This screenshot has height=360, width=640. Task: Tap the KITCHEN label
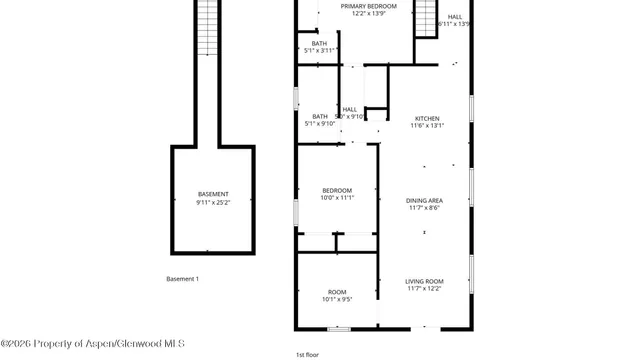[x=426, y=118]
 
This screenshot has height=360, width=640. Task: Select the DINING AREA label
[x=425, y=201]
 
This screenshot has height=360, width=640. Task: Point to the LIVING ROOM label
[x=425, y=281]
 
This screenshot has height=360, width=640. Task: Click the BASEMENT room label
[x=212, y=194]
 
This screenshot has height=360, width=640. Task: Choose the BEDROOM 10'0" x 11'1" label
[x=337, y=190]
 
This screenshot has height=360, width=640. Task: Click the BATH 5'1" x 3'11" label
[x=319, y=43]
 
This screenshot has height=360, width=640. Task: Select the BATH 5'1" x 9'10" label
[x=320, y=117]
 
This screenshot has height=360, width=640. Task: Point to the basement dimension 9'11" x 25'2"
[x=212, y=203]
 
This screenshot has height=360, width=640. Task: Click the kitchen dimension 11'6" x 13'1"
[x=426, y=125]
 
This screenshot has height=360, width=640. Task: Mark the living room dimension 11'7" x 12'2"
[x=425, y=289]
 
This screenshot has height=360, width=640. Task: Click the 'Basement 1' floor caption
[x=183, y=278]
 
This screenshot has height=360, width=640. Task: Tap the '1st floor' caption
[x=307, y=354]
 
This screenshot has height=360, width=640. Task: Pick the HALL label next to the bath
[x=350, y=109]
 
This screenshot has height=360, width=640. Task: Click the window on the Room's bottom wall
[x=340, y=328]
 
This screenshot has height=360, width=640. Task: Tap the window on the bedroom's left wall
[x=295, y=212]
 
